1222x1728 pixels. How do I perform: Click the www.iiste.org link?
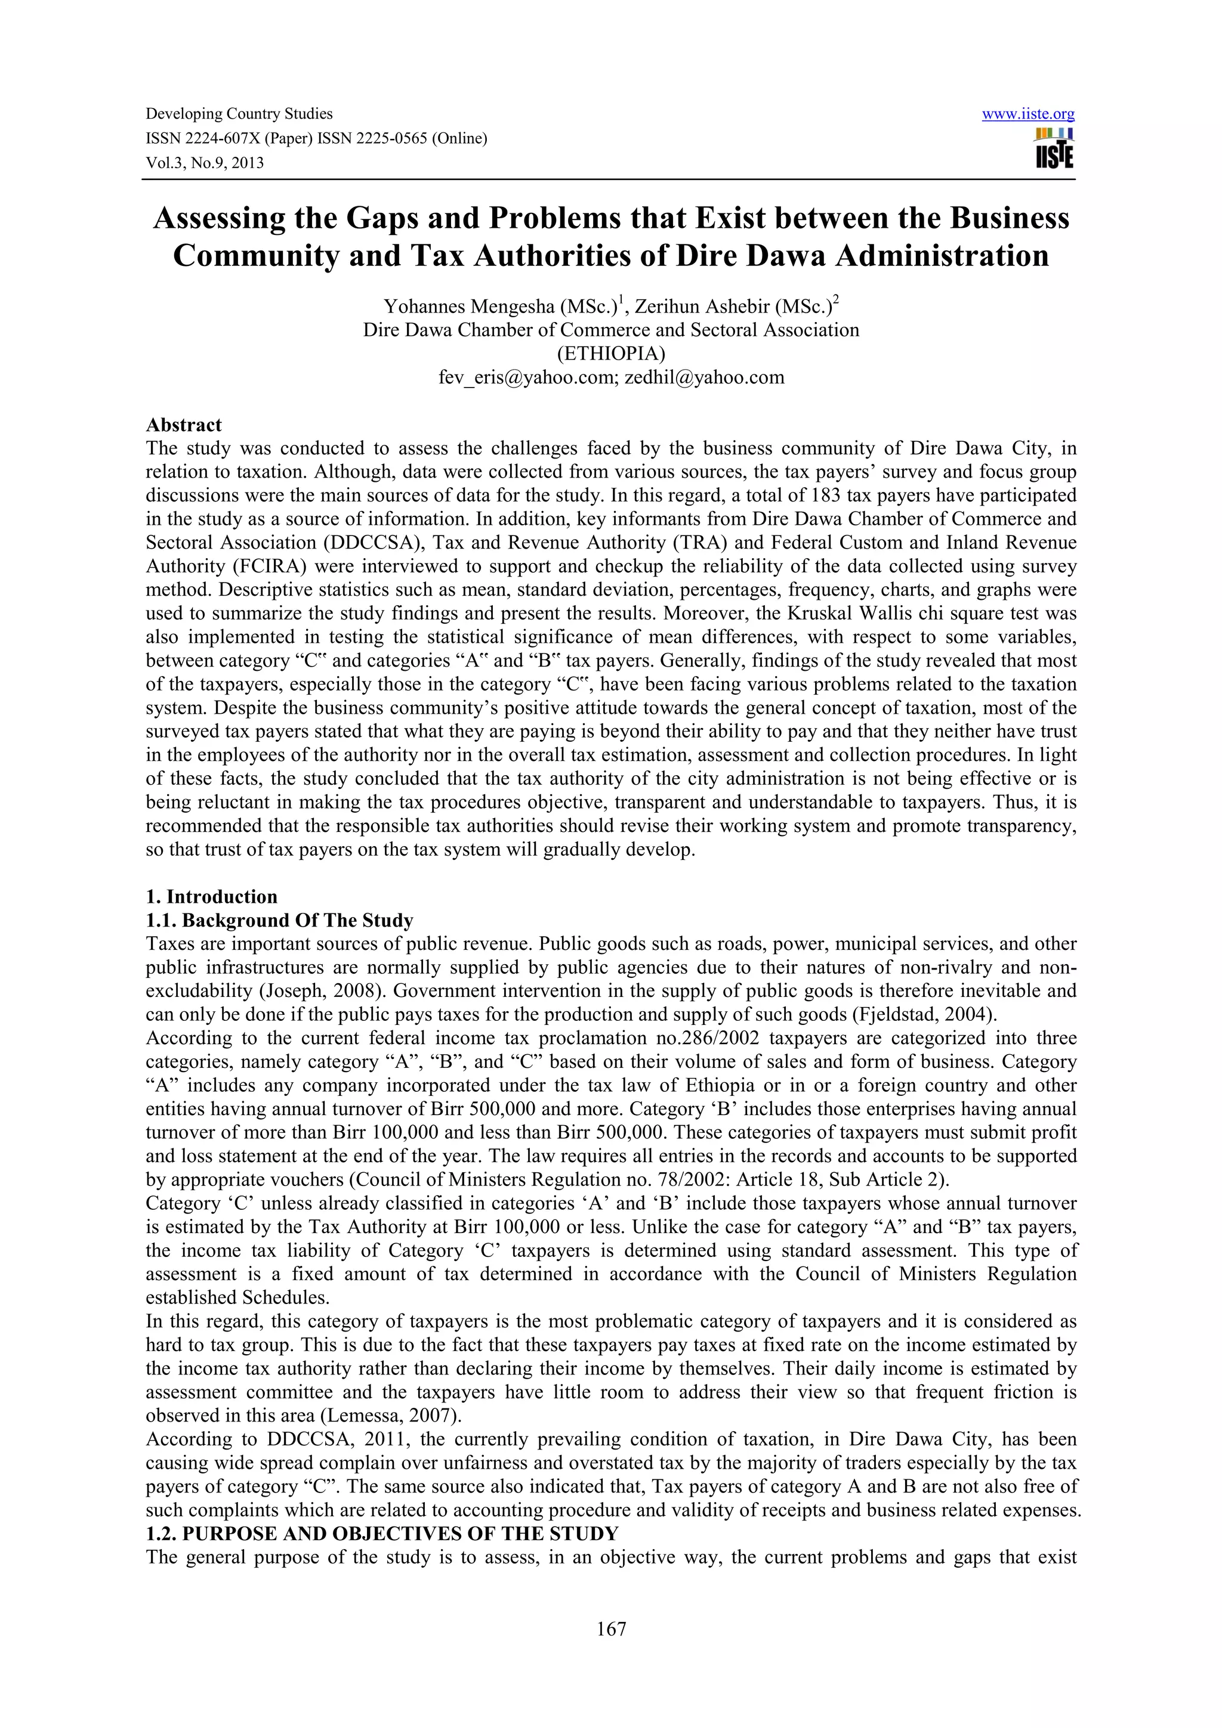(1029, 114)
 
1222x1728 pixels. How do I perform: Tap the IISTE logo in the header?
(1054, 149)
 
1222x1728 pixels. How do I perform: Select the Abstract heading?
(184, 425)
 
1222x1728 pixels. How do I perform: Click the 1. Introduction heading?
(212, 896)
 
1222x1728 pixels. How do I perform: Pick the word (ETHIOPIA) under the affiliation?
(610, 354)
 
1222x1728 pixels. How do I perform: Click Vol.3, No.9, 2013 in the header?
(205, 163)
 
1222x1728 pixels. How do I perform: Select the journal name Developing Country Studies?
(239, 114)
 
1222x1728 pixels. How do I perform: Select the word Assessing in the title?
(218, 218)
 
